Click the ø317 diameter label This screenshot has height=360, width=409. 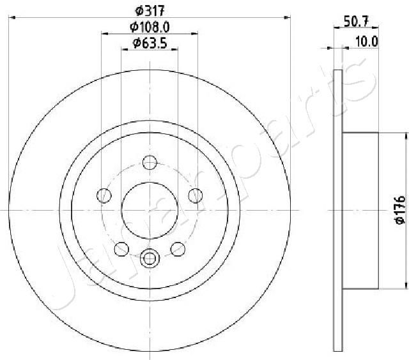click(150, 10)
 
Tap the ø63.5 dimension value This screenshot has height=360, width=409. click(150, 43)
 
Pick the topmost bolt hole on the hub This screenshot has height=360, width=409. click(150, 162)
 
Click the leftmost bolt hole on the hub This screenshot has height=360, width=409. click(102, 194)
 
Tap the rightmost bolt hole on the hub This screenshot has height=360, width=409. click(197, 194)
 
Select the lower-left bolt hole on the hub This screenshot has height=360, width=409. click(120, 249)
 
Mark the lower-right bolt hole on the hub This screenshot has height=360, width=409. click(180, 249)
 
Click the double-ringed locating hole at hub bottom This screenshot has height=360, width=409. click(150, 259)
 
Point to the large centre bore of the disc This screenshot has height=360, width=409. click(150, 210)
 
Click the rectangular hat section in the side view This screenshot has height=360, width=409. click(361, 210)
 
